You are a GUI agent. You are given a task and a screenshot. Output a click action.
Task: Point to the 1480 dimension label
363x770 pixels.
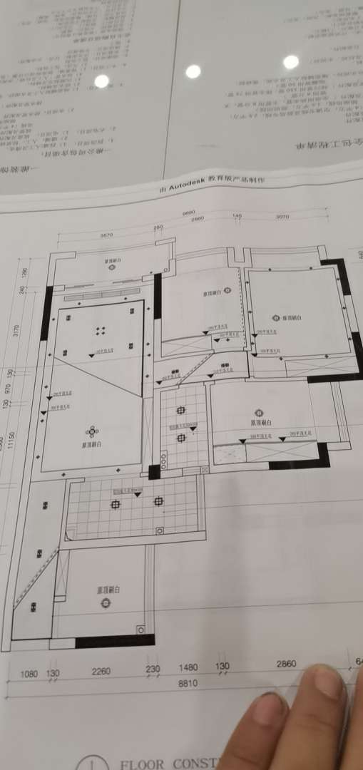pos(188,667)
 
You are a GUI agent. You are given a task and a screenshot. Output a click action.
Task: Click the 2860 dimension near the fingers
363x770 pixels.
pos(286,664)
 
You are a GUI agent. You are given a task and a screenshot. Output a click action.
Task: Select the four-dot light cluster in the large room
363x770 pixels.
pos(101,331)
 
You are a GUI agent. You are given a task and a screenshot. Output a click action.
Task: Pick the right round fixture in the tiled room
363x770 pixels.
pos(158,501)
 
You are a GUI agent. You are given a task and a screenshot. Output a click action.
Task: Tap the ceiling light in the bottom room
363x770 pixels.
pos(106,603)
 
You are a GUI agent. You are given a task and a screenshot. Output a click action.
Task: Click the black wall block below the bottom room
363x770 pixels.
pos(114,641)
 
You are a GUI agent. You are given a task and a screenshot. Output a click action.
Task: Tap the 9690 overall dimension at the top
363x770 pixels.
pos(188,213)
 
